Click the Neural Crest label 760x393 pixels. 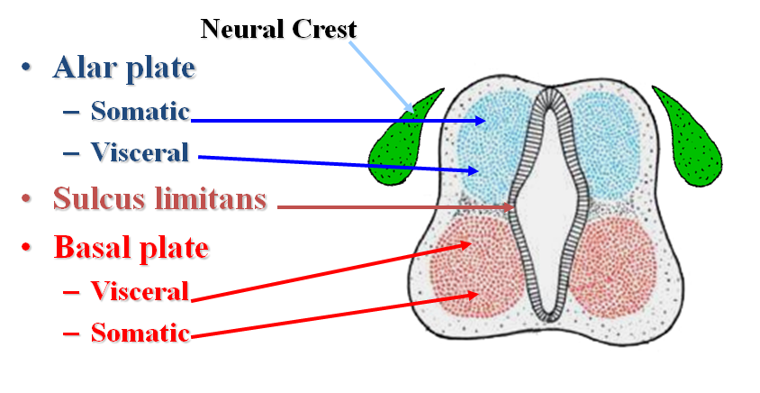[278, 29]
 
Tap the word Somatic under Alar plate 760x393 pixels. [140, 112]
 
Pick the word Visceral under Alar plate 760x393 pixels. [140, 153]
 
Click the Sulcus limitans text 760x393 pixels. [159, 198]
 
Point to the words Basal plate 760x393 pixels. [131, 247]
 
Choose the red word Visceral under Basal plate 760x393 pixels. [140, 291]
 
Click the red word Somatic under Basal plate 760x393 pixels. [140, 334]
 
